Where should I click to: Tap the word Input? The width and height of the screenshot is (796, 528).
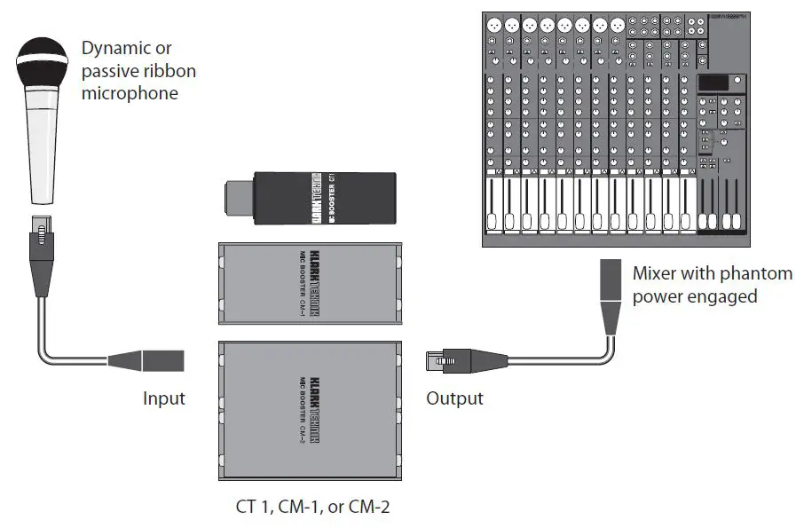164,398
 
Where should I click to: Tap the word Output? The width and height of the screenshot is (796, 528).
454,398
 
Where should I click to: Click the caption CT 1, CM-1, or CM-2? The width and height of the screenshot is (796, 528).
307,508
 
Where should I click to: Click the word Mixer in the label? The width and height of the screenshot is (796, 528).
654,273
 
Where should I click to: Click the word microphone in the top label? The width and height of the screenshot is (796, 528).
129,91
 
